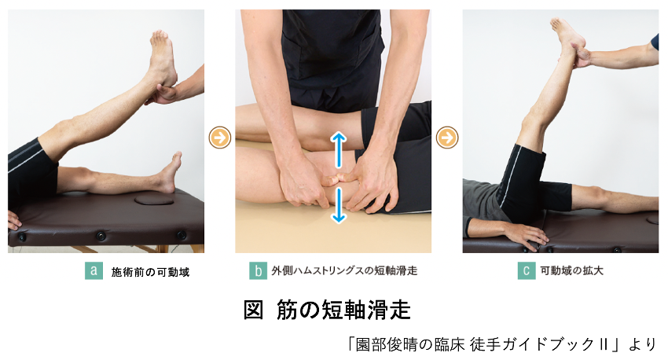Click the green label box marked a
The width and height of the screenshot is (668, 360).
[x=94, y=270]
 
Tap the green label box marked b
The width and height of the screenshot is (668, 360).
[x=259, y=270]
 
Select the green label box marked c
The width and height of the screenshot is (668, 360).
[x=527, y=270]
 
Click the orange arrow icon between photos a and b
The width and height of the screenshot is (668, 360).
[x=220, y=138]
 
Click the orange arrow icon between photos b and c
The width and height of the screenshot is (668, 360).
[x=447, y=138]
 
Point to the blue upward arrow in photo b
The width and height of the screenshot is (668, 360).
[x=339, y=149]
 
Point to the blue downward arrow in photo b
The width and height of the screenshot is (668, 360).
[x=339, y=206]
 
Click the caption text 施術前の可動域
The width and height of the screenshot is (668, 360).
[x=150, y=272]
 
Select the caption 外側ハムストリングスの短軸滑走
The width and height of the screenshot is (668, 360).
[x=344, y=270]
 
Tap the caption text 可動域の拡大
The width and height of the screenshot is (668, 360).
[x=571, y=270]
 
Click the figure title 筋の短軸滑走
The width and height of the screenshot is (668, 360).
[x=343, y=310]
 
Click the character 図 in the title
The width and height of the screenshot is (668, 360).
[x=254, y=310]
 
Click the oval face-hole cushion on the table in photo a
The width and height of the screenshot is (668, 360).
[x=154, y=199]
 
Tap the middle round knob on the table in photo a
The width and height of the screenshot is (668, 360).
[x=101, y=235]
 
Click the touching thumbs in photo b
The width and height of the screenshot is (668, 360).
[x=339, y=178]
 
